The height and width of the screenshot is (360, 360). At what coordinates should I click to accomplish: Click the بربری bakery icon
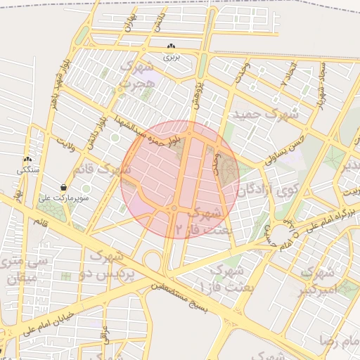point(172,46)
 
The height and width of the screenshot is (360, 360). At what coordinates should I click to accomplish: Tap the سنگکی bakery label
point(28,170)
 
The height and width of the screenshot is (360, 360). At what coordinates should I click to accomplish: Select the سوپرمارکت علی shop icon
point(65,188)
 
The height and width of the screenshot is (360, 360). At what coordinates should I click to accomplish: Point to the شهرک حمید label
point(266,113)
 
